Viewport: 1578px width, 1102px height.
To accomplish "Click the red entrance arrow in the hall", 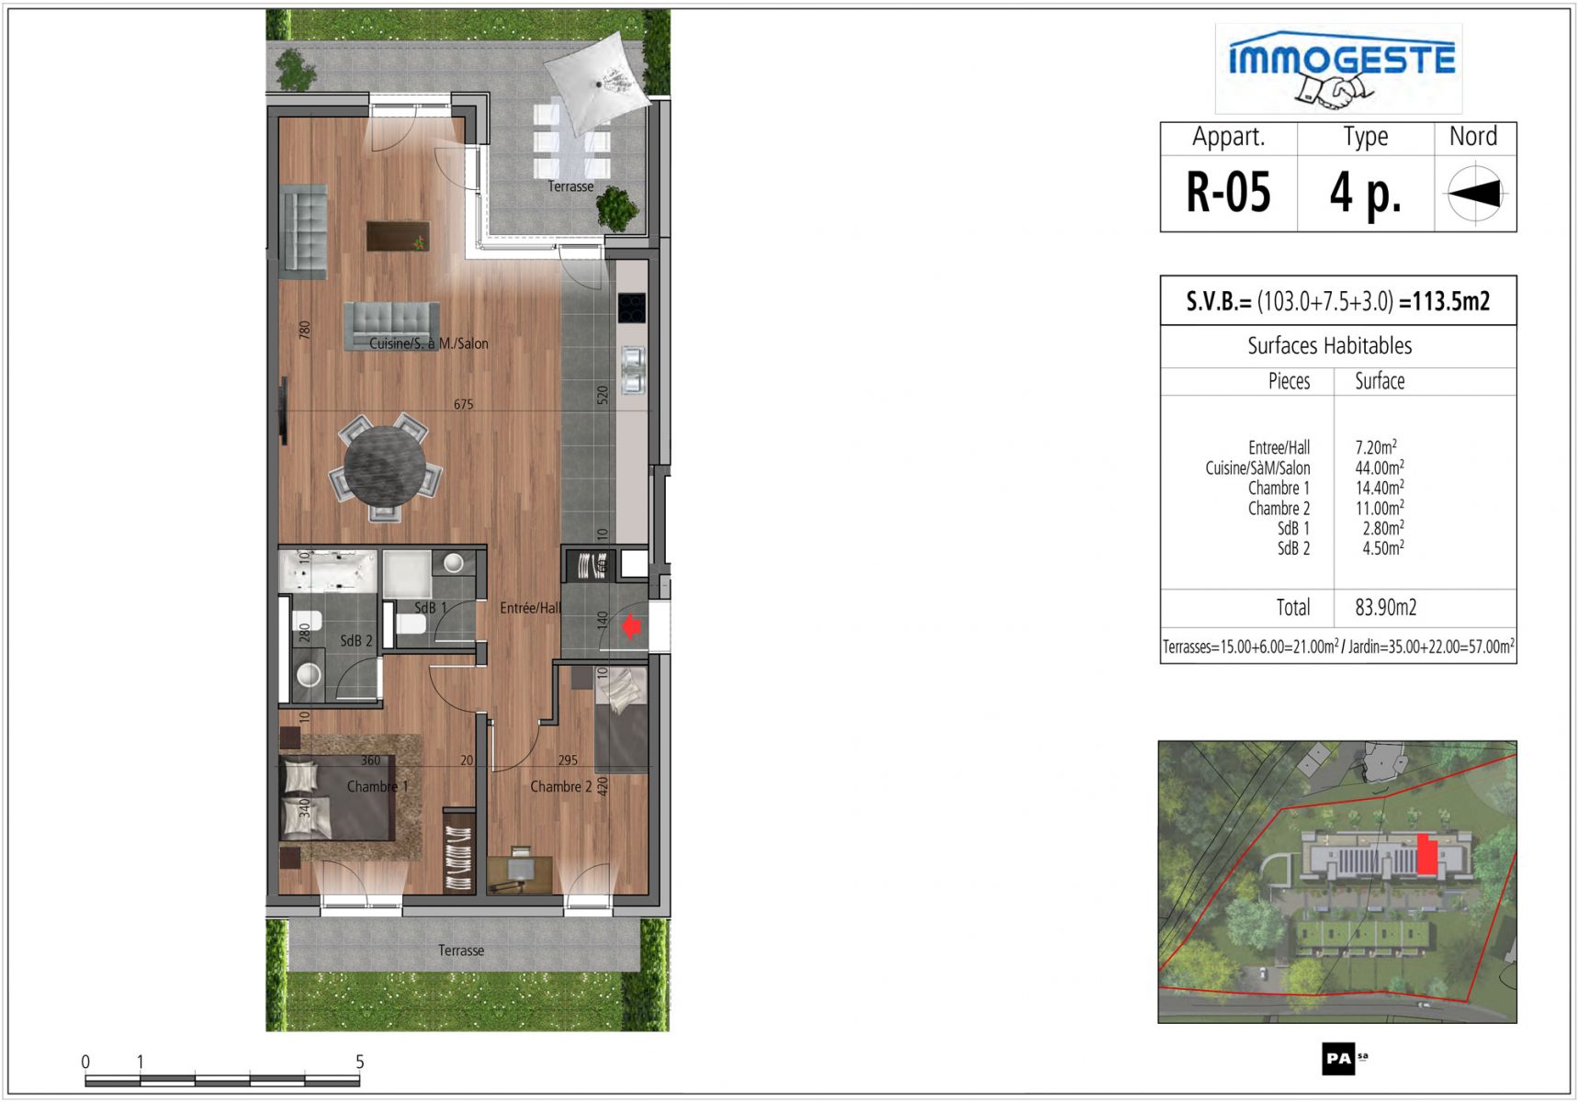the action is (631, 626).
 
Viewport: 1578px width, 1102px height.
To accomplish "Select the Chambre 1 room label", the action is (378, 787).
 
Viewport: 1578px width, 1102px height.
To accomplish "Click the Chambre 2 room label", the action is (561, 787).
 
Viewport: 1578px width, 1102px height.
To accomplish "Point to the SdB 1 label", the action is (431, 608).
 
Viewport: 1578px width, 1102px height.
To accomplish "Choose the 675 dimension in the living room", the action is (463, 404).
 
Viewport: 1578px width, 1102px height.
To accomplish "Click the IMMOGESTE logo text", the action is (1342, 59).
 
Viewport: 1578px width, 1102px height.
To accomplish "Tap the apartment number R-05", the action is (1228, 193).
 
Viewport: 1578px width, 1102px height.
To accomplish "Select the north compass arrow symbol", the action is (1475, 193).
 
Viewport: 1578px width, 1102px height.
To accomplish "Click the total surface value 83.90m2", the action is (1386, 607).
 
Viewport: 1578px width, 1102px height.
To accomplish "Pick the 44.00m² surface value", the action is (1380, 467).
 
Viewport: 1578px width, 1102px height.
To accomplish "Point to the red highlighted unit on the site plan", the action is (1426, 855).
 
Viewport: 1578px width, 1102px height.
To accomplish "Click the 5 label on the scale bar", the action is (360, 1062).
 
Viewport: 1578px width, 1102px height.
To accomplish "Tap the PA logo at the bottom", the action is (1340, 1059).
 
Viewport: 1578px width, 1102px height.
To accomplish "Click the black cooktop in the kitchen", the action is (631, 308).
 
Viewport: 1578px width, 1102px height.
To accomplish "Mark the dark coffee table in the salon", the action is (398, 236).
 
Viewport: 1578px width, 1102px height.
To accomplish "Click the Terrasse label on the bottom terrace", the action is (461, 950).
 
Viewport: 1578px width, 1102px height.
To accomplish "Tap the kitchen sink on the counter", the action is (633, 369).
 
